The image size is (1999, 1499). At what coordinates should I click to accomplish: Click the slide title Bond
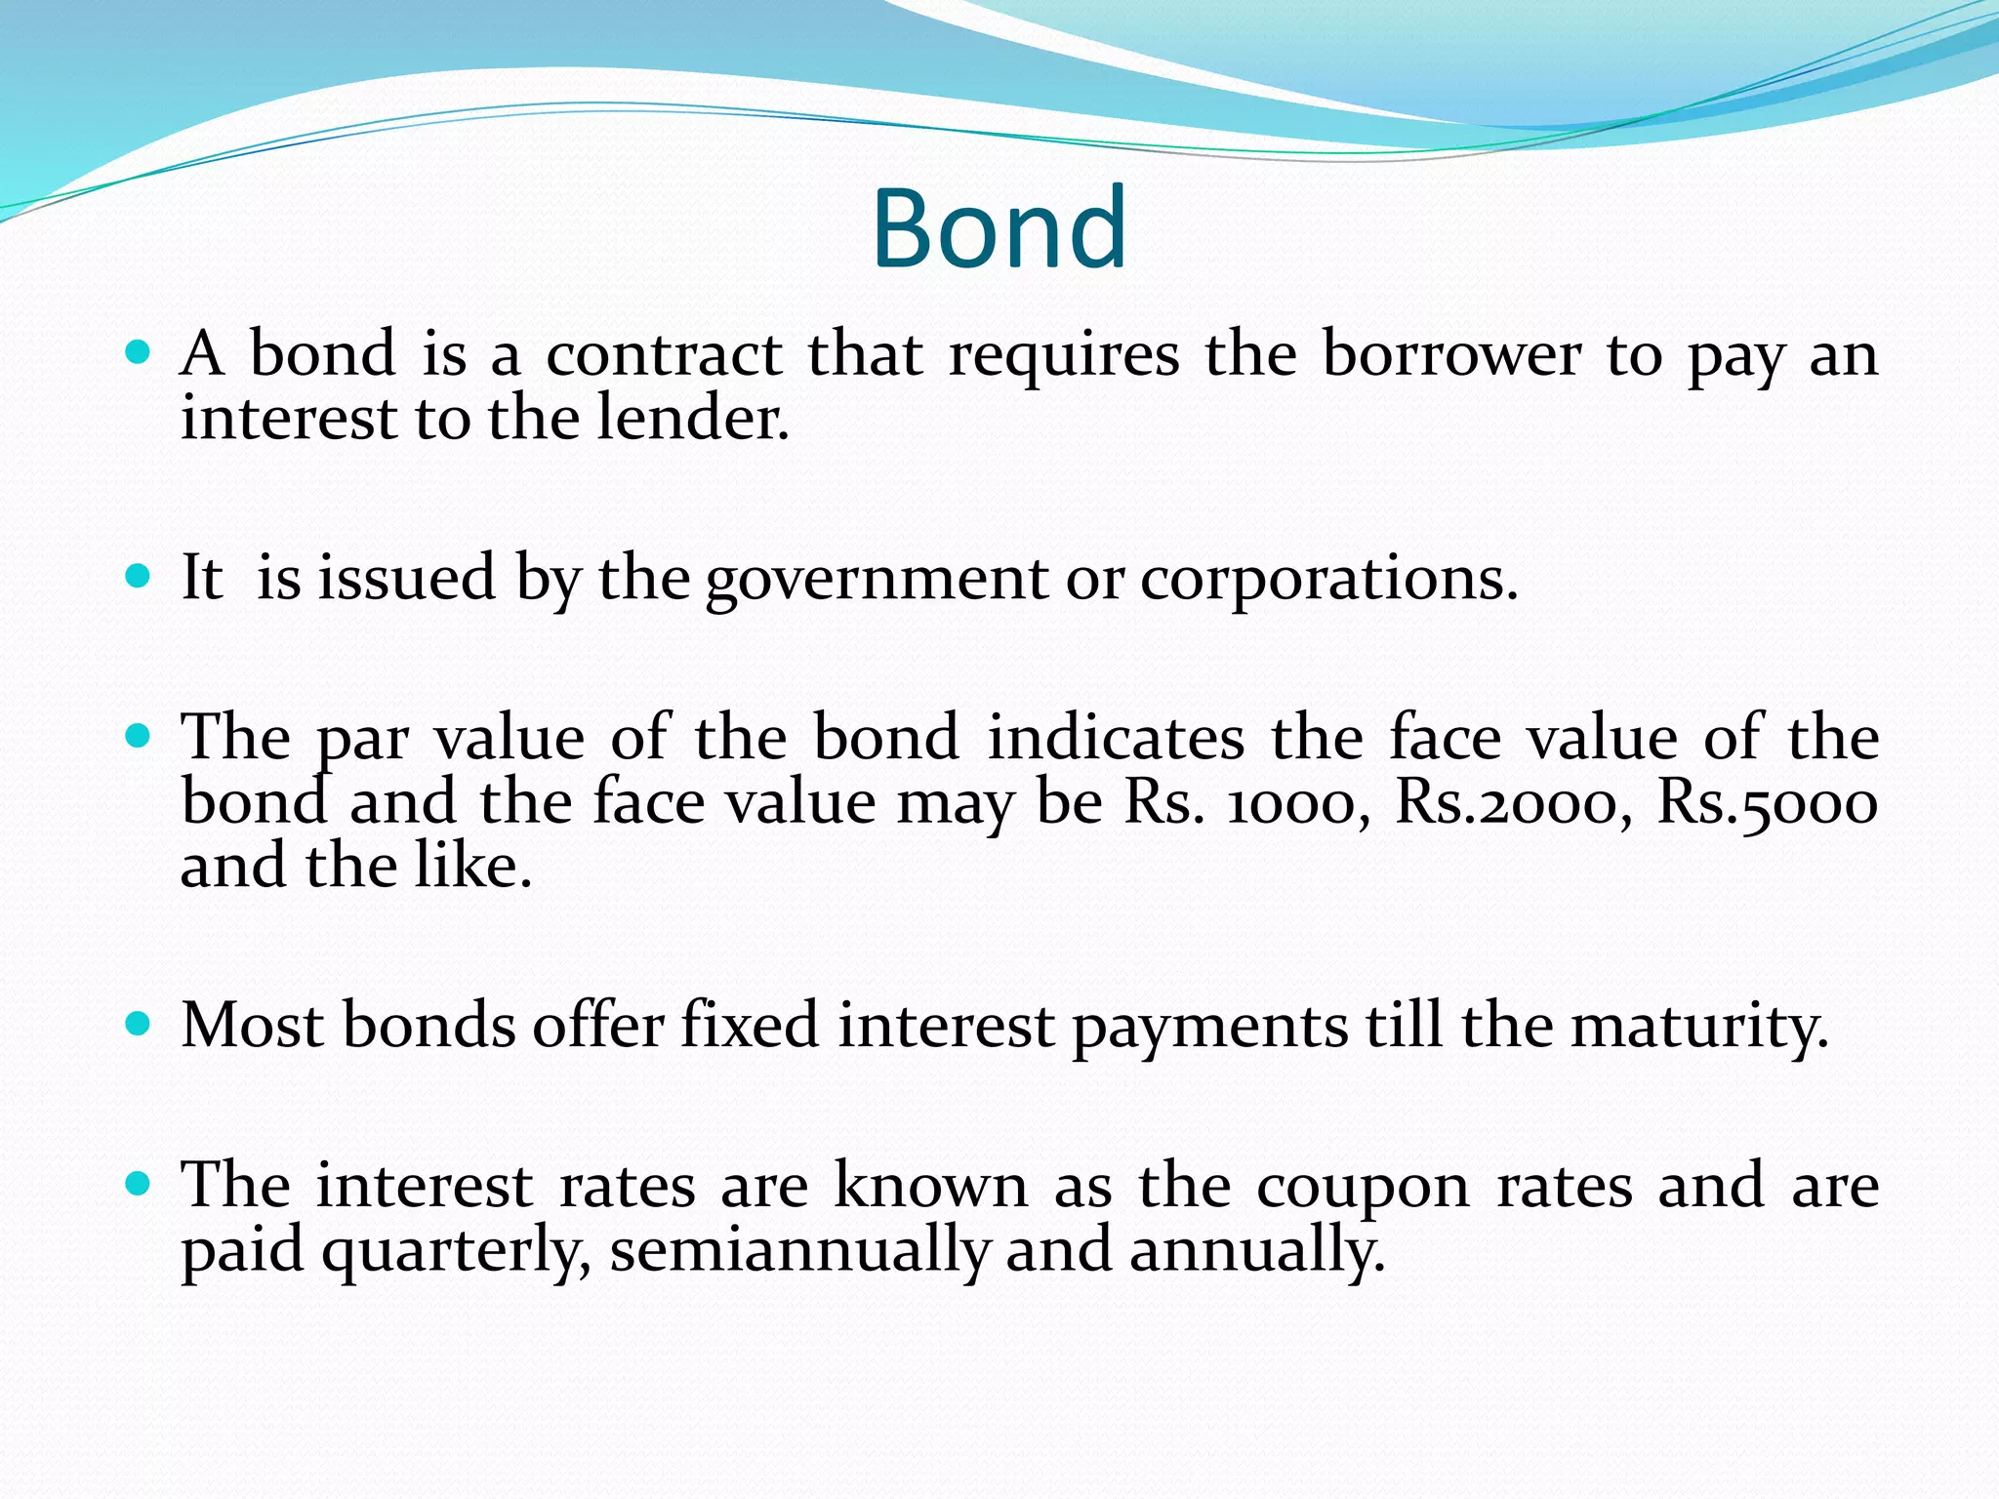tap(999, 228)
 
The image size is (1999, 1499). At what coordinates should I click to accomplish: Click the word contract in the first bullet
tap(664, 354)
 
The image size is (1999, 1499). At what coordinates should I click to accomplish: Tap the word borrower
tap(1450, 354)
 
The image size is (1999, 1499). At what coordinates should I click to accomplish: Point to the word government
tap(876, 579)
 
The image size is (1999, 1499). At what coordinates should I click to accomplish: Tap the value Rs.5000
tap(1767, 803)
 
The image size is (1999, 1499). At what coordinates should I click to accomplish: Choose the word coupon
tap(1363, 1188)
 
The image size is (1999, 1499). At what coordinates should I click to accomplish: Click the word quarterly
tap(456, 1251)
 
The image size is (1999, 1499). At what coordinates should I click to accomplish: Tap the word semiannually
tap(799, 1251)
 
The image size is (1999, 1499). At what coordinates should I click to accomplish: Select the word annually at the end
tap(1256, 1251)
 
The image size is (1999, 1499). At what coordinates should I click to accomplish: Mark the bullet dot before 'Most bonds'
tap(139, 1025)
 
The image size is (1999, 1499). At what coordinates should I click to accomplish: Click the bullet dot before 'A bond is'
tap(139, 351)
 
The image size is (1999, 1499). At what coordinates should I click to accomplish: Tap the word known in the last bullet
tap(930, 1186)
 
